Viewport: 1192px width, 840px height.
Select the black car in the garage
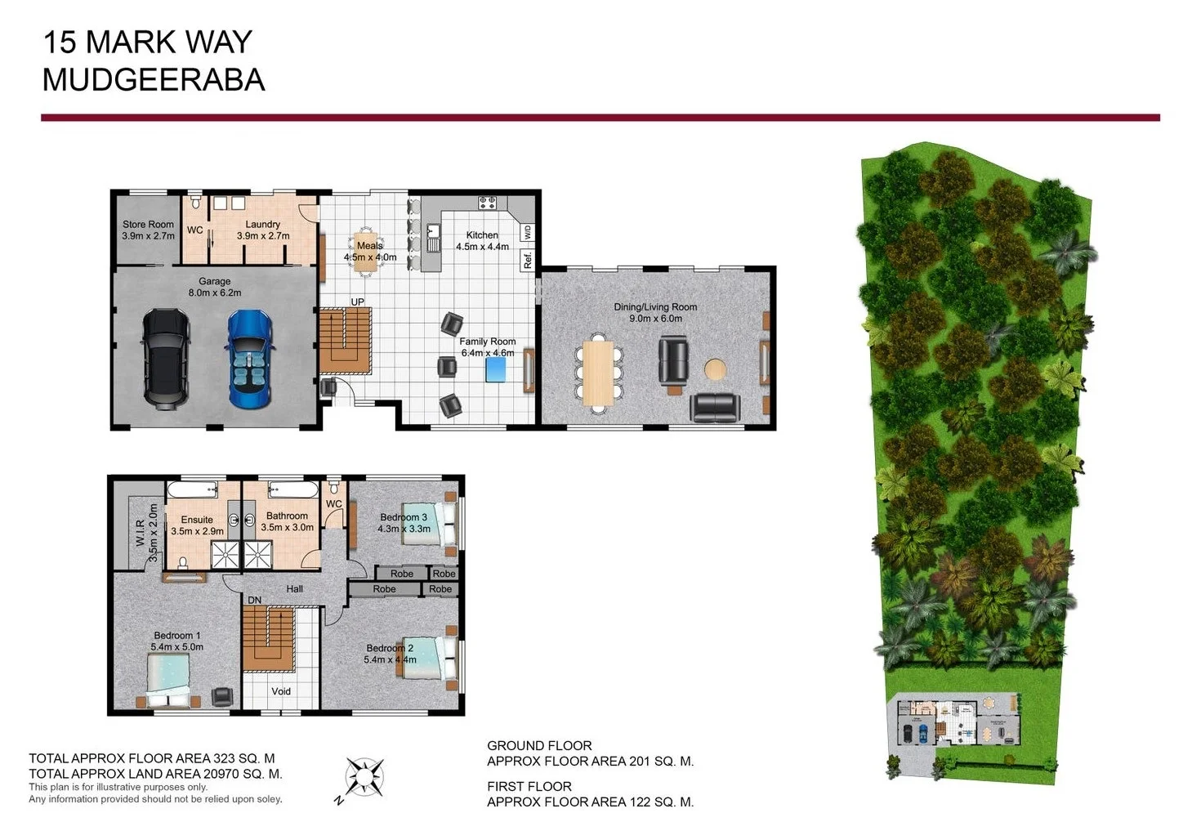[167, 358]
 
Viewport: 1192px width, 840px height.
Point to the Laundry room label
[263, 224]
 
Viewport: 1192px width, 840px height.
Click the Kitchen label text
[482, 235]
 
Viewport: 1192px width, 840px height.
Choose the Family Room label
[488, 342]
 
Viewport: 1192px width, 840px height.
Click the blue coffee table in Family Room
[495, 370]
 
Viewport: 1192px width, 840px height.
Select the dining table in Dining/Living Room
[598, 374]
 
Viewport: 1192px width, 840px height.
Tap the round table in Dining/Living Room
[715, 369]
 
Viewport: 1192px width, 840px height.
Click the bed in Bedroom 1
[170, 681]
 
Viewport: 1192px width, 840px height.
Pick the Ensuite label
[197, 520]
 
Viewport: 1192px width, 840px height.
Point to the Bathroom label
[287, 516]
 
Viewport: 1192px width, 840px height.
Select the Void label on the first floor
[281, 691]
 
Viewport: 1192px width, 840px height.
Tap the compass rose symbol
[364, 777]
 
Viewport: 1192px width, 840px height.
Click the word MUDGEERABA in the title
[154, 80]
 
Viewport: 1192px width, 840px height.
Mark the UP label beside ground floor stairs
[357, 302]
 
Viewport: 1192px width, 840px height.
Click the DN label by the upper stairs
[255, 600]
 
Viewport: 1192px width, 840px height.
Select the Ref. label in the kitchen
[528, 261]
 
